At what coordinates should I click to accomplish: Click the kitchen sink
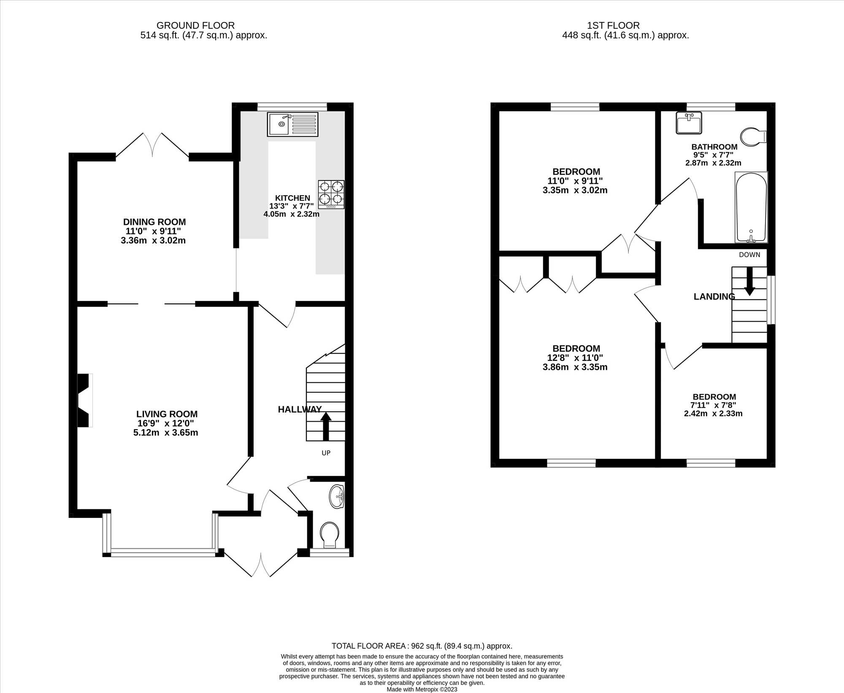292,124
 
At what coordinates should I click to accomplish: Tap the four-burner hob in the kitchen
331,195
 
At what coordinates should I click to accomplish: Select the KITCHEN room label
292,198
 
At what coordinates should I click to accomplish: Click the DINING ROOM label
154,222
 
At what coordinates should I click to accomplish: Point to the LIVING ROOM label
167,414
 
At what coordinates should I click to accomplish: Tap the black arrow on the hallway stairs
326,426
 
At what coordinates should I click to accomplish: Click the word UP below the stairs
326,453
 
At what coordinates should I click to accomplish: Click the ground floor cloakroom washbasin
337,497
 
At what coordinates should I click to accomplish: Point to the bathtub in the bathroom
751,207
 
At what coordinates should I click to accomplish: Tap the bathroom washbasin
689,123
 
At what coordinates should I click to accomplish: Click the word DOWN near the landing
749,255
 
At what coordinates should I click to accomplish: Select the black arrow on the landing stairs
749,281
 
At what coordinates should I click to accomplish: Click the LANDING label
714,297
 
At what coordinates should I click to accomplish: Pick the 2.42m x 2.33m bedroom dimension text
713,414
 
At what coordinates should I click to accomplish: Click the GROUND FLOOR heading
195,26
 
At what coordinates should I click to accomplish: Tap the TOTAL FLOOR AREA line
422,646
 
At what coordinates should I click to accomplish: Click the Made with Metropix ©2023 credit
422,690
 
